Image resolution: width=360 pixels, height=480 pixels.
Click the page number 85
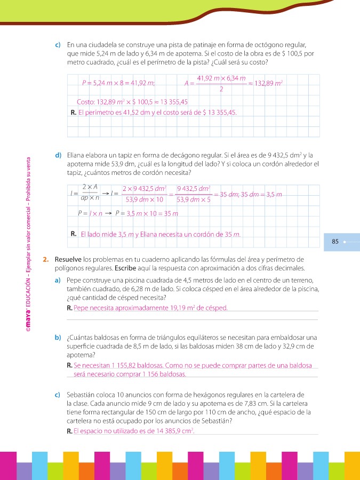click(x=335, y=242)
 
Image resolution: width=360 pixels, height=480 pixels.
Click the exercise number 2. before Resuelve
click(x=46, y=259)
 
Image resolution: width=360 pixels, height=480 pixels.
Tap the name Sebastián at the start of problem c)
click(x=82, y=395)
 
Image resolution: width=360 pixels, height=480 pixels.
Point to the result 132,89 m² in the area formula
click(x=268, y=83)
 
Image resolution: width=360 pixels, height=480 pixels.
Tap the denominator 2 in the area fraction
click(x=221, y=90)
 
